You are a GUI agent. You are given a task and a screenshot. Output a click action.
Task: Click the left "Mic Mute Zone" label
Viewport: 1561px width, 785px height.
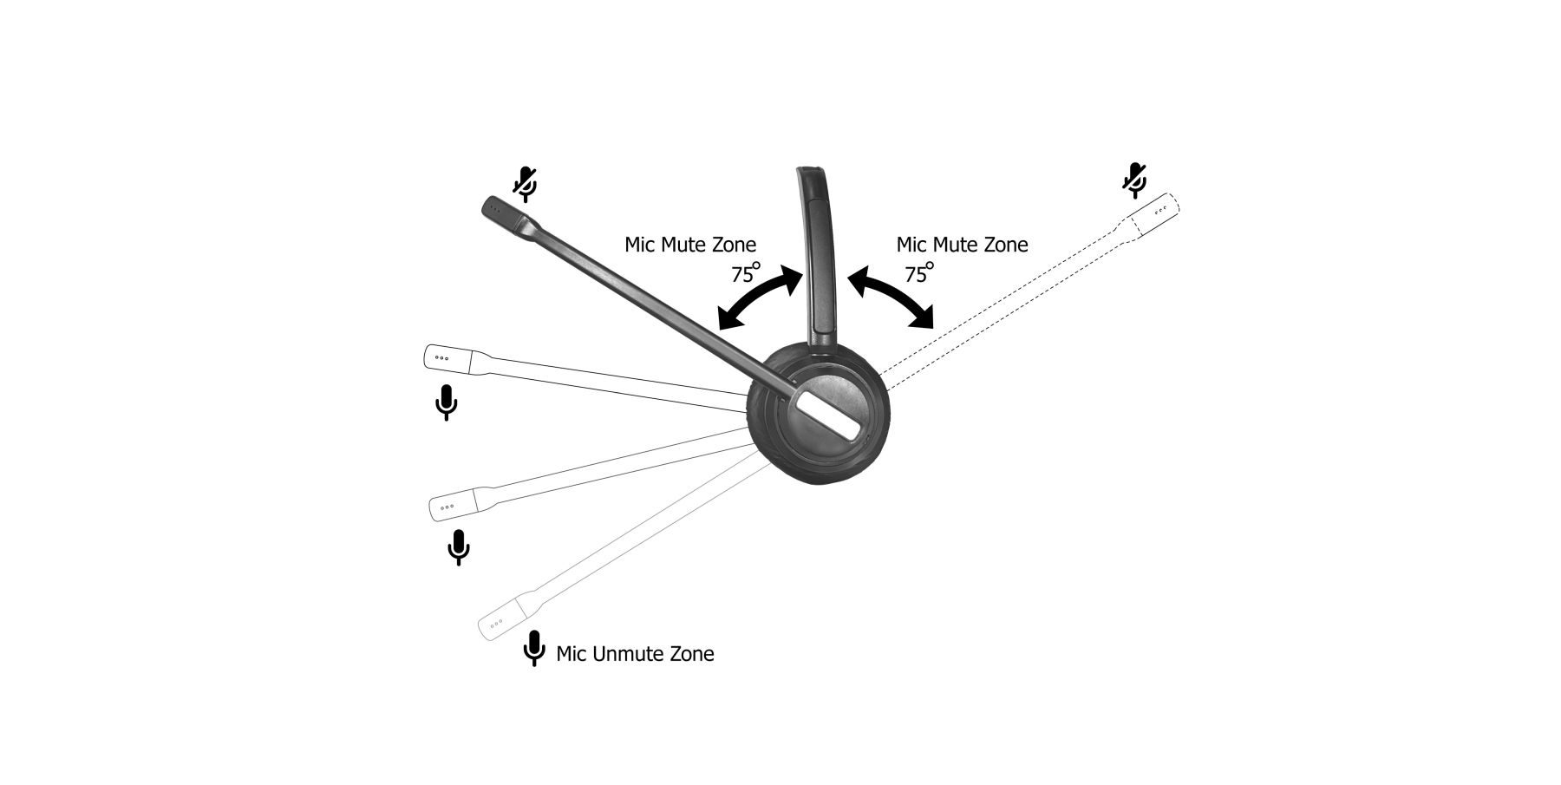pos(690,245)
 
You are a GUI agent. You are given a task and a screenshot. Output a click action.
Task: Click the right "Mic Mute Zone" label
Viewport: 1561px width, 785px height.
pos(962,245)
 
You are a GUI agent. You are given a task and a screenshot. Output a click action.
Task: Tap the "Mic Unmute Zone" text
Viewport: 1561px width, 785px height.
pos(635,653)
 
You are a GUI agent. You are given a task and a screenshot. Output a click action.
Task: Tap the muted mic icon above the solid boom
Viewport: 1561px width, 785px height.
pos(525,183)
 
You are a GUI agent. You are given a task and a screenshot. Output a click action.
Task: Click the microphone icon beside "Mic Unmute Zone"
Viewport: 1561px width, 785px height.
pos(534,648)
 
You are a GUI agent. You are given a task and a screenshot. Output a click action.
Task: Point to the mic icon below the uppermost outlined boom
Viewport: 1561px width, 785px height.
pos(446,402)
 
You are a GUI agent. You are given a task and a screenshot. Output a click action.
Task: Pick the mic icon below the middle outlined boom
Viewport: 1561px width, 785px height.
pos(459,546)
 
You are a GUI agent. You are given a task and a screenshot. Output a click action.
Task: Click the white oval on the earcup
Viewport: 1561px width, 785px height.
pos(828,413)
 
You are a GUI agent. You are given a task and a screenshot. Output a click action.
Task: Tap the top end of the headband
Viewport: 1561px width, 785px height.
pos(810,171)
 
